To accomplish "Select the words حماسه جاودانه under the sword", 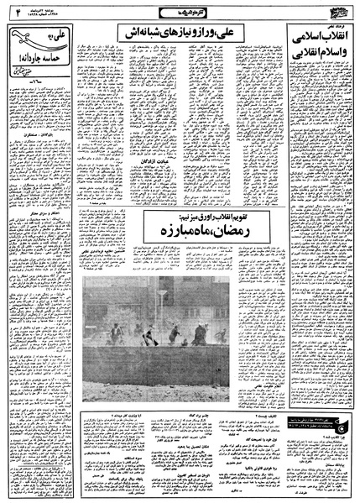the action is (x=34, y=59).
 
